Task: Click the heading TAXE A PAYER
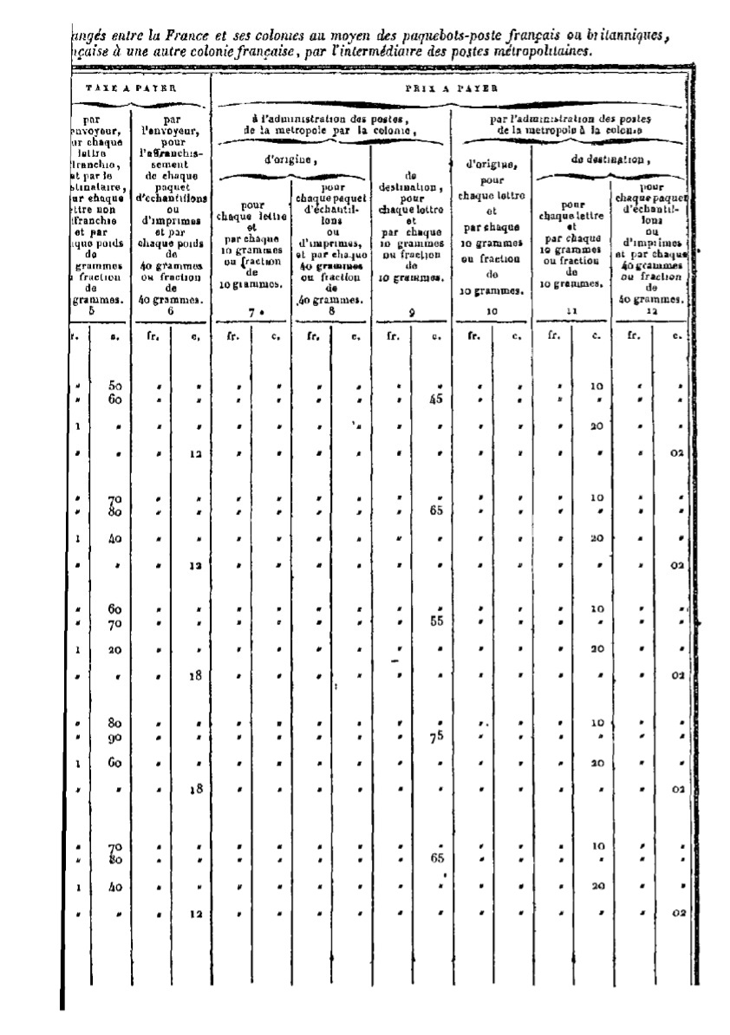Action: click(133, 88)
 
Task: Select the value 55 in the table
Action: click(437, 622)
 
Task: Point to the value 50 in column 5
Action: click(115, 385)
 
